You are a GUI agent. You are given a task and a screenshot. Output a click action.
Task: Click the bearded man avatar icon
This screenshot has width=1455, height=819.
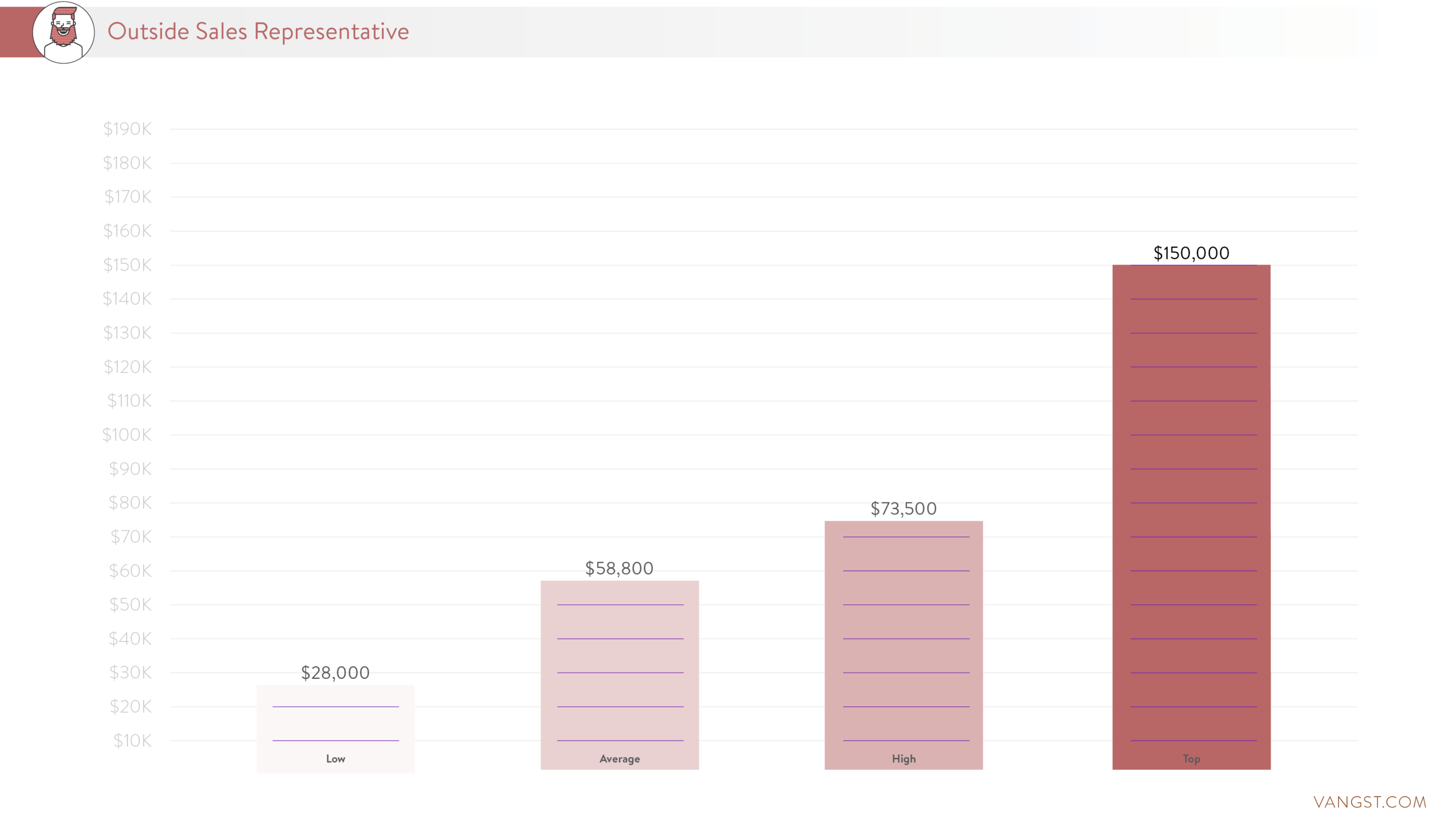63,32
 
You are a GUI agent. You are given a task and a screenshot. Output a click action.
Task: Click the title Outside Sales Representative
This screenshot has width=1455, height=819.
258,31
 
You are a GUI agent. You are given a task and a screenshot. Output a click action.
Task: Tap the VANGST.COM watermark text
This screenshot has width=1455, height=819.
1370,802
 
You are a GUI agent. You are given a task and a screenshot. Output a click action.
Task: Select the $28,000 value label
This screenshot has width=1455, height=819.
336,672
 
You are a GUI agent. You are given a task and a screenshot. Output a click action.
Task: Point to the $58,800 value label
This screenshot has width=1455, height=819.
619,568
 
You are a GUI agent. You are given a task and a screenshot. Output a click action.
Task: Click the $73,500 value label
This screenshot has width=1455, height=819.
903,508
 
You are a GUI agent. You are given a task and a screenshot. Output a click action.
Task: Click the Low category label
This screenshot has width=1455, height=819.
336,759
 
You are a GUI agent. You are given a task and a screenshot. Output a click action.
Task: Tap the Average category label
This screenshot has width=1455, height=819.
620,759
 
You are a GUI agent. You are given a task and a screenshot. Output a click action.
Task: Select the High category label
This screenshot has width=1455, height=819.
904,759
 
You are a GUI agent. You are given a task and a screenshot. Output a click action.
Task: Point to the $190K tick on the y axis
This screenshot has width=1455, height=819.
127,129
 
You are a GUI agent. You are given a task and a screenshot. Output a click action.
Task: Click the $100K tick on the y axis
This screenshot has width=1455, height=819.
127,435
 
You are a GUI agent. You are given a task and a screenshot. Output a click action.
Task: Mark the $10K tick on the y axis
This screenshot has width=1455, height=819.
132,740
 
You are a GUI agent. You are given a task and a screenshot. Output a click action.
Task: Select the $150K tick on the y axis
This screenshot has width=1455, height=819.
127,265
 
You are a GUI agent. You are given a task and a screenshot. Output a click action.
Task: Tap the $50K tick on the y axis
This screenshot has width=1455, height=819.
130,604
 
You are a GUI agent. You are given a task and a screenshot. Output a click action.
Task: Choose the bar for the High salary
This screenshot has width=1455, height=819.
904,644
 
